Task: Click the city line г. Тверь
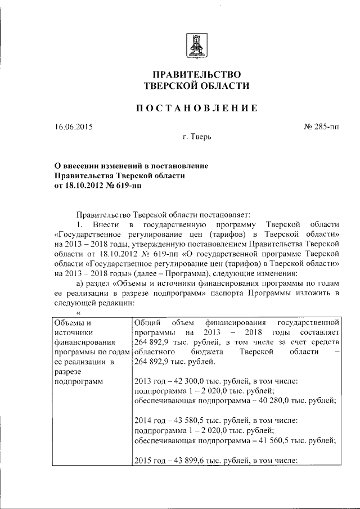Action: pos(196,137)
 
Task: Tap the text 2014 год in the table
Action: pos(151,420)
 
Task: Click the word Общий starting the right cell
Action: pos(148,323)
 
